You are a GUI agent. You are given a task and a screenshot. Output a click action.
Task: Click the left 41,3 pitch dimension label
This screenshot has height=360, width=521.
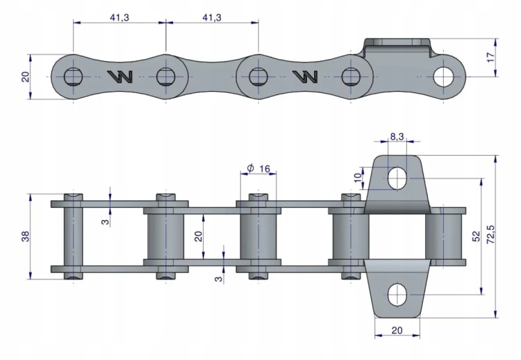pyautogui.click(x=119, y=17)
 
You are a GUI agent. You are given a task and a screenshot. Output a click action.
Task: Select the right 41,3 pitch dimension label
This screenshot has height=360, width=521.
pyautogui.click(x=212, y=17)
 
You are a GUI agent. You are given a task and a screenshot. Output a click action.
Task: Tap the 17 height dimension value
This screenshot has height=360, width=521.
pyautogui.click(x=490, y=58)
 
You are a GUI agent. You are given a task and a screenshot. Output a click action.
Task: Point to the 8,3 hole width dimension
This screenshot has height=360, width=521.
pyautogui.click(x=397, y=136)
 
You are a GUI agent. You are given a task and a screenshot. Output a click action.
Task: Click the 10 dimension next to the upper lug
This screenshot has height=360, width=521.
pyautogui.click(x=358, y=177)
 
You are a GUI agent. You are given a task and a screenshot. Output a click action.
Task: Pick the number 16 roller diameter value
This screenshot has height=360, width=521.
pyautogui.click(x=265, y=169)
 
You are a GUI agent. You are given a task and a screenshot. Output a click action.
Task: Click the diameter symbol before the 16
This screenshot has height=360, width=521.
pyautogui.click(x=251, y=168)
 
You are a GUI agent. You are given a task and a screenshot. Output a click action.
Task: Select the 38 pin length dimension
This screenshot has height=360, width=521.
pyautogui.click(x=26, y=236)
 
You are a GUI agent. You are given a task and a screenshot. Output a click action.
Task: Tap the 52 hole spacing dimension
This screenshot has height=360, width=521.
pyautogui.click(x=476, y=236)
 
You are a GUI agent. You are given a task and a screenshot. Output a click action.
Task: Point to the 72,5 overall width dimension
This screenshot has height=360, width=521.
pyautogui.click(x=490, y=234)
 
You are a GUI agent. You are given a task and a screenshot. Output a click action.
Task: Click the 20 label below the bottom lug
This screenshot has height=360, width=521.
pyautogui.click(x=397, y=330)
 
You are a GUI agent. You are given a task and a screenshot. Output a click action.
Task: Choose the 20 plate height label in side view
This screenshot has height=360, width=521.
pyautogui.click(x=26, y=76)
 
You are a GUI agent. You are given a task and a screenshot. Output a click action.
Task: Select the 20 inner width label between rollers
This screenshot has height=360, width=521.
pyautogui.click(x=198, y=236)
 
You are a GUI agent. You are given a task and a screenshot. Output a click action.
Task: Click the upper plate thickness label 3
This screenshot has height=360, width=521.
pyautogui.click(x=106, y=221)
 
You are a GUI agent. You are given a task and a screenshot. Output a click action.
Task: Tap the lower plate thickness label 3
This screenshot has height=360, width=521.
pyautogui.click(x=218, y=278)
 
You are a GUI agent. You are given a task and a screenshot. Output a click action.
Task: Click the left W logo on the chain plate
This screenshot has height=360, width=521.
pyautogui.click(x=120, y=76)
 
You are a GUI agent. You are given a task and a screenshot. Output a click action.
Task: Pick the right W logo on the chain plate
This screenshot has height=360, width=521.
pyautogui.click(x=305, y=76)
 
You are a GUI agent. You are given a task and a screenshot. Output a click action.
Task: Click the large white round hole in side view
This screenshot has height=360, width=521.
pyautogui.click(x=443, y=76)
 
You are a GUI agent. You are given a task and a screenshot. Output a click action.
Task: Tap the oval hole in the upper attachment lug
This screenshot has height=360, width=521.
pyautogui.click(x=397, y=178)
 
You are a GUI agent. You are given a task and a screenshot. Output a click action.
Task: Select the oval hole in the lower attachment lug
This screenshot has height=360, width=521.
pyautogui.click(x=397, y=295)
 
